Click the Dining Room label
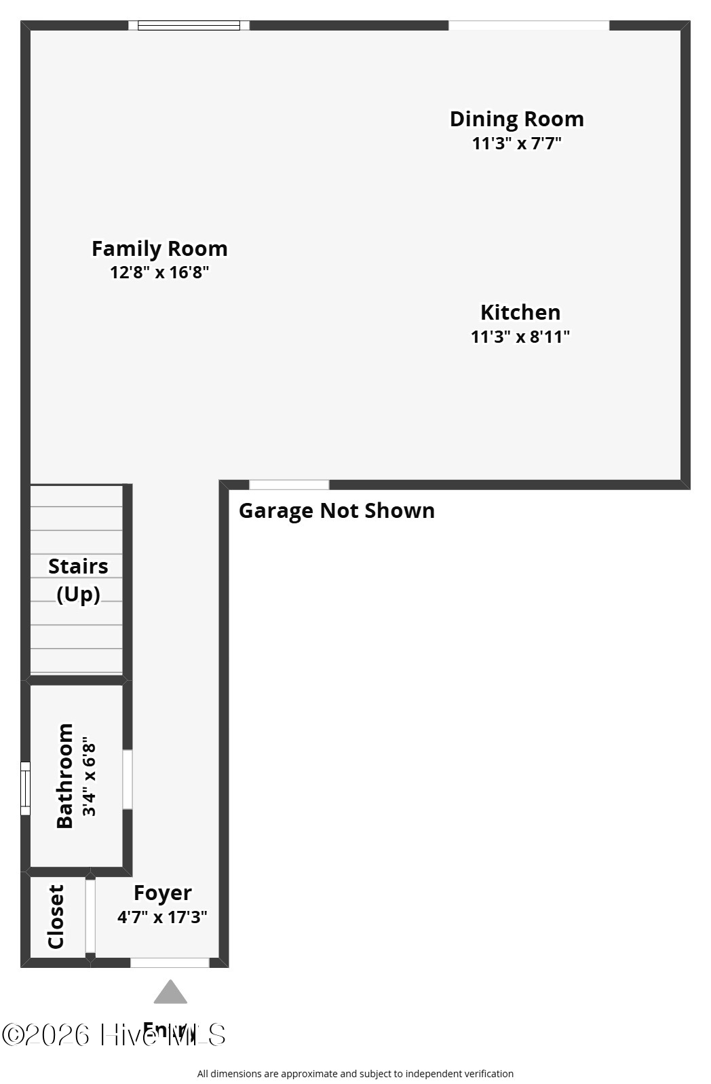pyautogui.click(x=516, y=119)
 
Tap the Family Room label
pyautogui.click(x=159, y=248)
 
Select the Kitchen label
pyautogui.click(x=520, y=312)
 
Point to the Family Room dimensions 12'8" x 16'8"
pyautogui.click(x=159, y=272)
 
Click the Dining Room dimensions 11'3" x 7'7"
pyautogui.click(x=517, y=143)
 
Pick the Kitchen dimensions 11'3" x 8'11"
pyautogui.click(x=520, y=337)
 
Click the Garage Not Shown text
pyautogui.click(x=337, y=510)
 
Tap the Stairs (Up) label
pyautogui.click(x=78, y=580)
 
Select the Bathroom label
pyautogui.click(x=64, y=775)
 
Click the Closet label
pyautogui.click(x=56, y=916)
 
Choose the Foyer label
pyautogui.click(x=162, y=893)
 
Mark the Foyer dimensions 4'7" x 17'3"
pyautogui.click(x=162, y=917)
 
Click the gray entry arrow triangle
pyautogui.click(x=170, y=992)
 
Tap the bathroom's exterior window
pyautogui.click(x=25, y=788)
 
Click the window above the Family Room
pyautogui.click(x=189, y=26)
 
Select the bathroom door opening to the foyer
pyautogui.click(x=127, y=779)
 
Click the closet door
pyautogui.click(x=90, y=916)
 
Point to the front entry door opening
pyautogui.click(x=170, y=962)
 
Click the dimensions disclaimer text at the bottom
pyautogui.click(x=355, y=1074)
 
